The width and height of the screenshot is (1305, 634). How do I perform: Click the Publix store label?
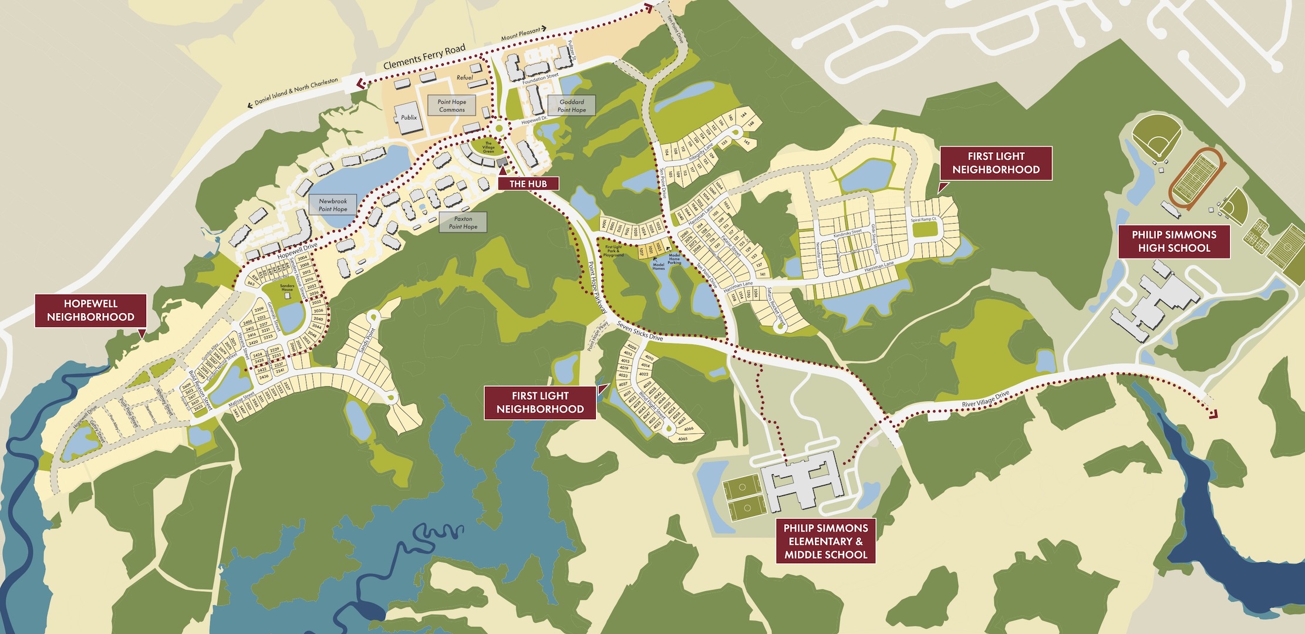(x=409, y=117)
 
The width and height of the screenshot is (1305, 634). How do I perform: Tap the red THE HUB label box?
(x=528, y=184)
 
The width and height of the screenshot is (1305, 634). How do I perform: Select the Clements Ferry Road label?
(x=424, y=57)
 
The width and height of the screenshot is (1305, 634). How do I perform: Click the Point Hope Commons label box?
(x=451, y=106)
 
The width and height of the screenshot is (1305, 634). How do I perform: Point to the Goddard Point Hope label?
(x=571, y=106)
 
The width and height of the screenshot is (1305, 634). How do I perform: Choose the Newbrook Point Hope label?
(x=333, y=205)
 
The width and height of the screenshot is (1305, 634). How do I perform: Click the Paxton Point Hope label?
(x=463, y=222)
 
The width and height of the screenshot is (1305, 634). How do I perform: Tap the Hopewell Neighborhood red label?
(x=90, y=311)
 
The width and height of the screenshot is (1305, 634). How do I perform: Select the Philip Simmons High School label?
(x=1174, y=241)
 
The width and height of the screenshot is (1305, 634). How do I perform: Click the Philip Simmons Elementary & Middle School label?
(x=825, y=541)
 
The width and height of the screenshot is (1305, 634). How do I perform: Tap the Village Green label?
(x=488, y=147)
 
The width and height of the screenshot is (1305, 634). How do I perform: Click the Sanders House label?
(x=287, y=288)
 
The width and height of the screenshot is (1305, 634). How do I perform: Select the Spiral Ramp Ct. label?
(x=923, y=220)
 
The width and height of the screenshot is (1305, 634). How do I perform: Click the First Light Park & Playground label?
(x=613, y=251)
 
